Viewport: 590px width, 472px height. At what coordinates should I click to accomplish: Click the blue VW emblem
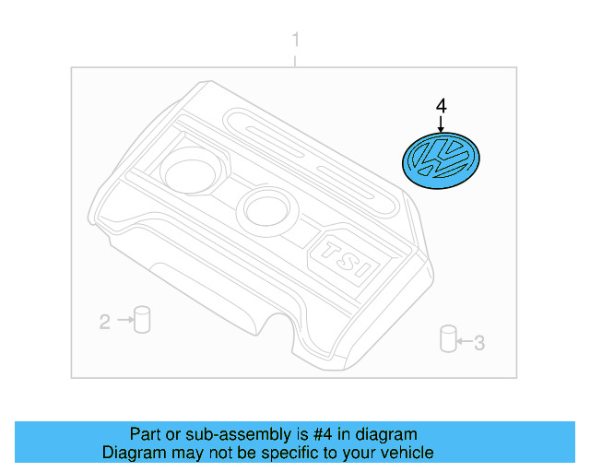440,163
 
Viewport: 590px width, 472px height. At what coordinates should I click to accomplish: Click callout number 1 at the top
295,40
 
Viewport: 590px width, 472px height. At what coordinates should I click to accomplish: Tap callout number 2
105,322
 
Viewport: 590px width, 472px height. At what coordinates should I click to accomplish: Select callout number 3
479,344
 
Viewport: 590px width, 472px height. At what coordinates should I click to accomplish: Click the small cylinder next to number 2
142,319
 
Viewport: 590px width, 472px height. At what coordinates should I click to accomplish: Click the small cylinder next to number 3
449,338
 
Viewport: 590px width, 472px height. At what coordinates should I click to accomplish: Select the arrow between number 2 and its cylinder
124,322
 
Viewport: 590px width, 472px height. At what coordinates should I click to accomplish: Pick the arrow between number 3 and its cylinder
465,344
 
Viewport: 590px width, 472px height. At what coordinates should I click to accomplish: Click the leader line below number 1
295,58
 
